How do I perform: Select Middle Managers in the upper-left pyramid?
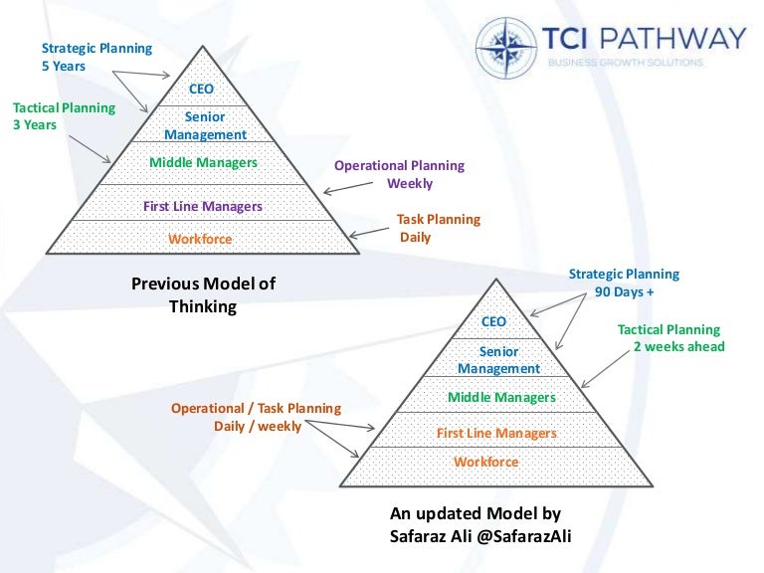tap(203, 162)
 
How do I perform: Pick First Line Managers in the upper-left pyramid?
tap(203, 206)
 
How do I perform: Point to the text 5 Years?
tap(64, 67)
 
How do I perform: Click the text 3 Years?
tap(34, 125)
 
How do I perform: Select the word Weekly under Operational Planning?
tap(410, 183)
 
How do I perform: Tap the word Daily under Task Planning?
tap(415, 238)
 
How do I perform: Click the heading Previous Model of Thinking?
tap(203, 295)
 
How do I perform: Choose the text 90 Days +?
tap(623, 291)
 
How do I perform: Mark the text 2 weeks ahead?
tap(679, 347)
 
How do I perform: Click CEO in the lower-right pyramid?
tap(493, 321)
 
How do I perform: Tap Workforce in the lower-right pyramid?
tap(486, 462)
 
